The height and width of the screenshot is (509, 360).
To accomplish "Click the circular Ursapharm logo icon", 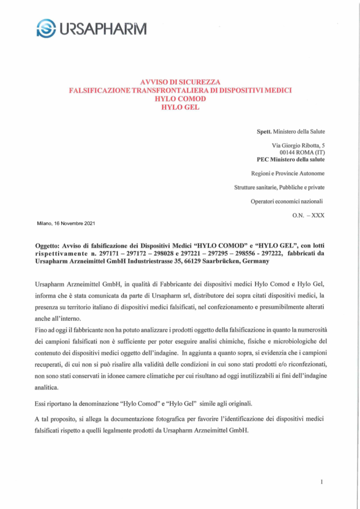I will [x=45, y=28].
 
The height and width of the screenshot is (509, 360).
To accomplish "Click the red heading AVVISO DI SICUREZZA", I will [x=180, y=81].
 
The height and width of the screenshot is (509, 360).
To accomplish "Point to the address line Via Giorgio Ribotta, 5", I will [x=298, y=145].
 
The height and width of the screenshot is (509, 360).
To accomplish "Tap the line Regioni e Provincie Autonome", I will [x=288, y=173].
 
